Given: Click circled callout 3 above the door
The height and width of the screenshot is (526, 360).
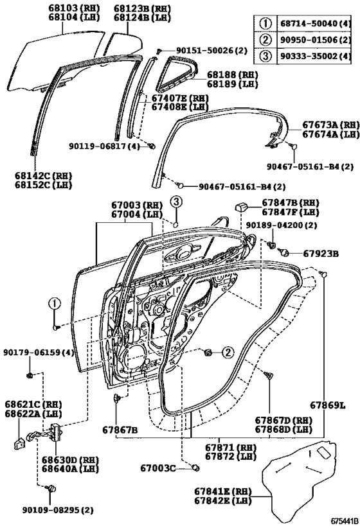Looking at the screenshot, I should coord(175,203).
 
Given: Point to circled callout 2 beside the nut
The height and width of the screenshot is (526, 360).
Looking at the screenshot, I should coord(227,352).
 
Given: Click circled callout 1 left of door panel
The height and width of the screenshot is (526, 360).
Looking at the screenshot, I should coord(55,304).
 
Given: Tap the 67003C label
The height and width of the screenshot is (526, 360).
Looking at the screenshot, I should coord(158,468).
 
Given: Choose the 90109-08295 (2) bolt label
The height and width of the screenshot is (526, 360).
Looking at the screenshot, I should coord(62,510).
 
